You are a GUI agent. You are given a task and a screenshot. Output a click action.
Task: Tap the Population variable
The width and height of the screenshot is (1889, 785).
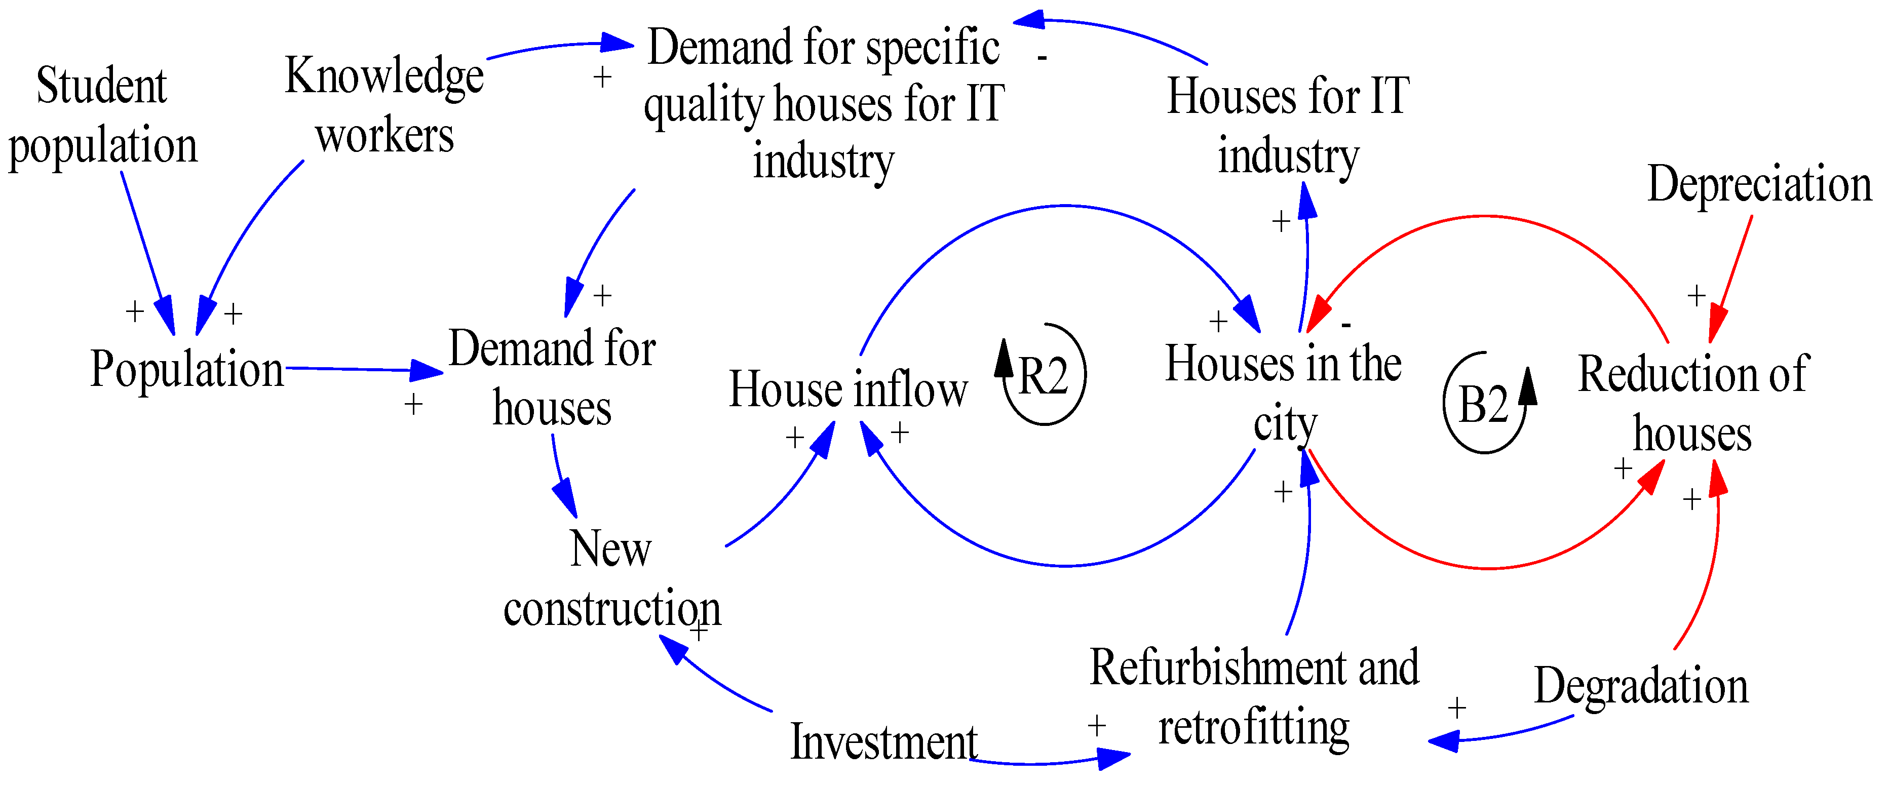click(x=186, y=369)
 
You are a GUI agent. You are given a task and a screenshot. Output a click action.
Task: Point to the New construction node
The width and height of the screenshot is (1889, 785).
click(x=611, y=578)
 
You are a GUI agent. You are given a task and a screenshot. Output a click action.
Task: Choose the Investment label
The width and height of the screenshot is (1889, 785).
click(x=883, y=742)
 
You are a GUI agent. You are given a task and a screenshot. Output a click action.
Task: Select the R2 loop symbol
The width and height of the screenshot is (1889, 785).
click(x=1043, y=375)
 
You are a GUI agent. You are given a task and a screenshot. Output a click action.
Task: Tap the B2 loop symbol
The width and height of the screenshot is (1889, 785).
click(x=1484, y=404)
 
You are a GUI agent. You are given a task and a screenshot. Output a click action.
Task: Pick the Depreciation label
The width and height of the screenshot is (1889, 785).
click(x=1758, y=184)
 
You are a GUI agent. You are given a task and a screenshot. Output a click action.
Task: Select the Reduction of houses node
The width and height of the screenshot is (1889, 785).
click(x=1692, y=404)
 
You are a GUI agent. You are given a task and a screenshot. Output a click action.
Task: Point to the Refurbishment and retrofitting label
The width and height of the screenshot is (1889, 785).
click(x=1254, y=697)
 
